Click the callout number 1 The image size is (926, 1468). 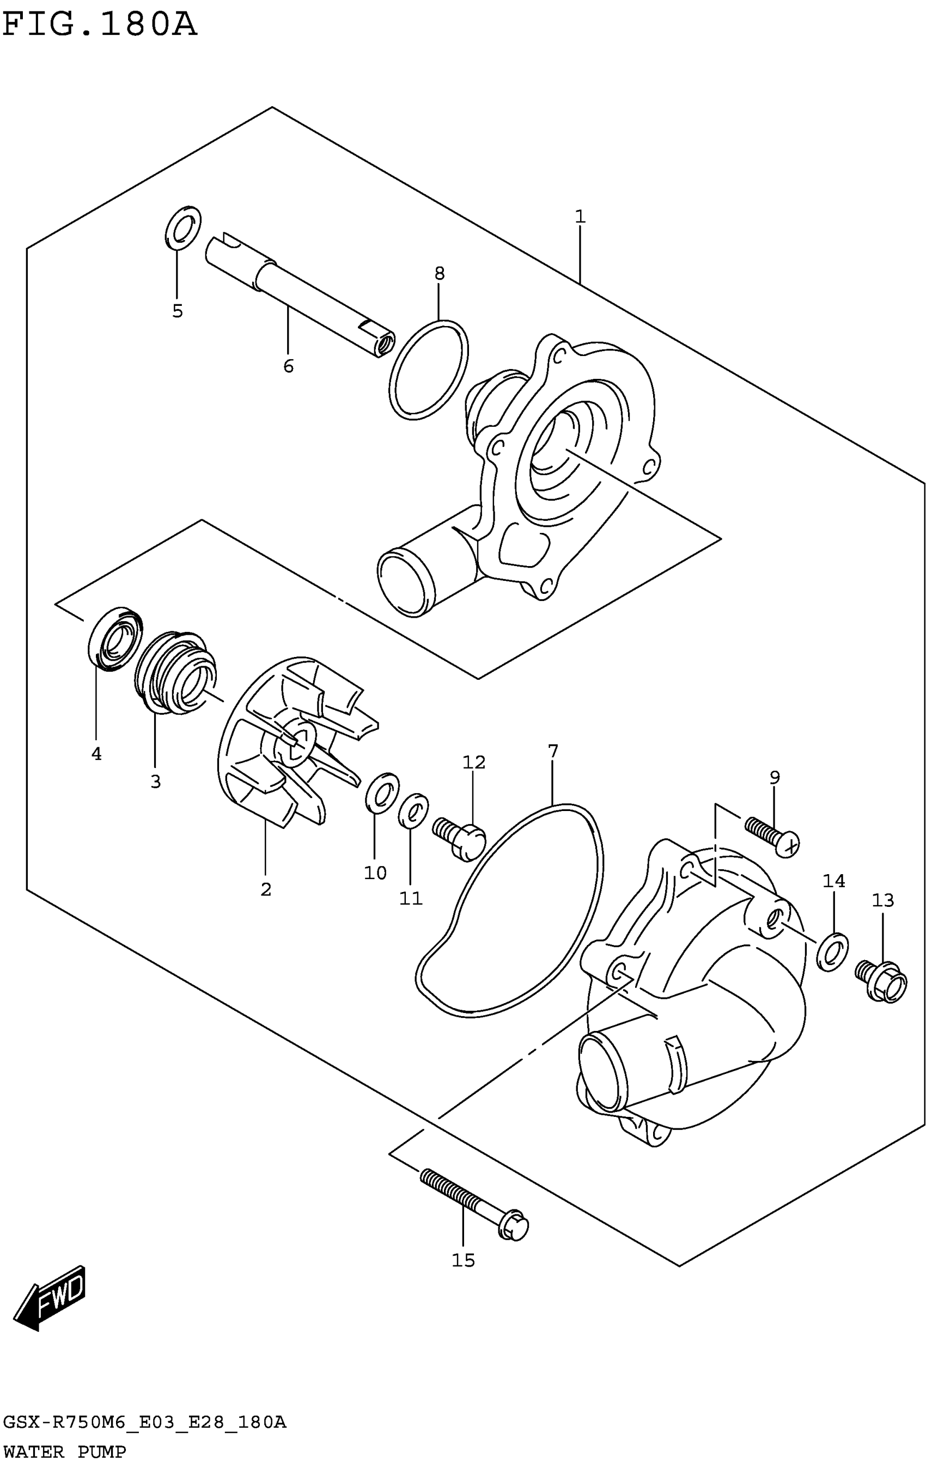coord(580,217)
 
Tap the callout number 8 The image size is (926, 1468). coord(439,274)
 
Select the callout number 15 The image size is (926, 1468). coord(463,1260)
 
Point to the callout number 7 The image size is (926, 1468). coord(553,752)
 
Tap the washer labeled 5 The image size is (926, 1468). coord(183,228)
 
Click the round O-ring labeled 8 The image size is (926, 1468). coord(429,370)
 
